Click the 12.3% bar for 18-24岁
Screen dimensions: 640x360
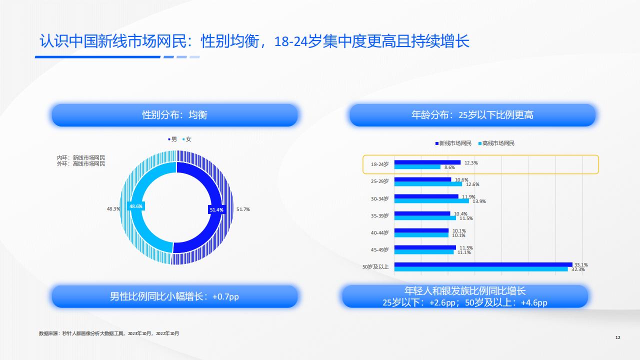point(427,162)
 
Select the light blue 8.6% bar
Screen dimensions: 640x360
point(417,167)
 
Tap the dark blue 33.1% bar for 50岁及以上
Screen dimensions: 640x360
point(483,264)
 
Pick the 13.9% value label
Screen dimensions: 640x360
point(479,201)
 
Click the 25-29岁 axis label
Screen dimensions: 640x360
point(379,181)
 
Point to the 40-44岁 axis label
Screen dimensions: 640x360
point(379,233)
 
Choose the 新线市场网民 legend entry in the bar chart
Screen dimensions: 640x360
point(453,143)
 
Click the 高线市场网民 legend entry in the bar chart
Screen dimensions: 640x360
point(496,143)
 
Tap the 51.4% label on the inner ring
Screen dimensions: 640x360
point(216,209)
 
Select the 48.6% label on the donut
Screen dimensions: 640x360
point(136,206)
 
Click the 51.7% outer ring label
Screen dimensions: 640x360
point(243,209)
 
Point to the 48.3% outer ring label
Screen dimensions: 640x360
point(113,209)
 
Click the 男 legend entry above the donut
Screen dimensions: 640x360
point(172,139)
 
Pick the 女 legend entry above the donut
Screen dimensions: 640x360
point(187,139)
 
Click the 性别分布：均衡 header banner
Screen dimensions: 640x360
point(175,115)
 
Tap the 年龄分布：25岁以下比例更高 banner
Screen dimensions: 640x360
point(472,115)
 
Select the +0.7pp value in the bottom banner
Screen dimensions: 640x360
point(225,296)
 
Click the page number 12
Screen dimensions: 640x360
point(617,337)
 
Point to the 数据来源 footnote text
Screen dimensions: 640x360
point(109,333)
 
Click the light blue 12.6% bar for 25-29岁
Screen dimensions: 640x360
point(428,184)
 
